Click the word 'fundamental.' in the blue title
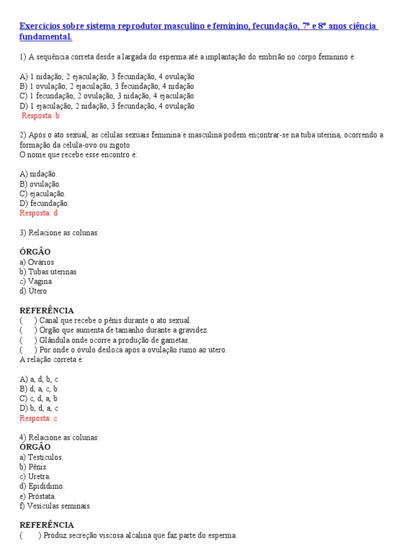[45, 37]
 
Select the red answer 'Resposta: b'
[40, 115]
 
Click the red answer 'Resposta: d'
[38, 213]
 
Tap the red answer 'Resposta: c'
[38, 418]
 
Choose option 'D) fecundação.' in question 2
[44, 203]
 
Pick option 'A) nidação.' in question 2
[38, 174]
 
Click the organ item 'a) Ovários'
[37, 262]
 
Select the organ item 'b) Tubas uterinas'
[48, 272]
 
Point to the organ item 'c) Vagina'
[36, 281]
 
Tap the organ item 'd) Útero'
[33, 291]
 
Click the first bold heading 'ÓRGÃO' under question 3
[35, 252]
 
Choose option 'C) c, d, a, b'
[38, 399]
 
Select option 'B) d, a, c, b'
[38, 389]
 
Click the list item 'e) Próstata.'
[38, 496]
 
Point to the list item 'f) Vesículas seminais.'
[55, 506]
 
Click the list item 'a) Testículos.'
[42, 457]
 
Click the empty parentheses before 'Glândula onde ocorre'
[28, 340]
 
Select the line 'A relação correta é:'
[51, 359]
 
